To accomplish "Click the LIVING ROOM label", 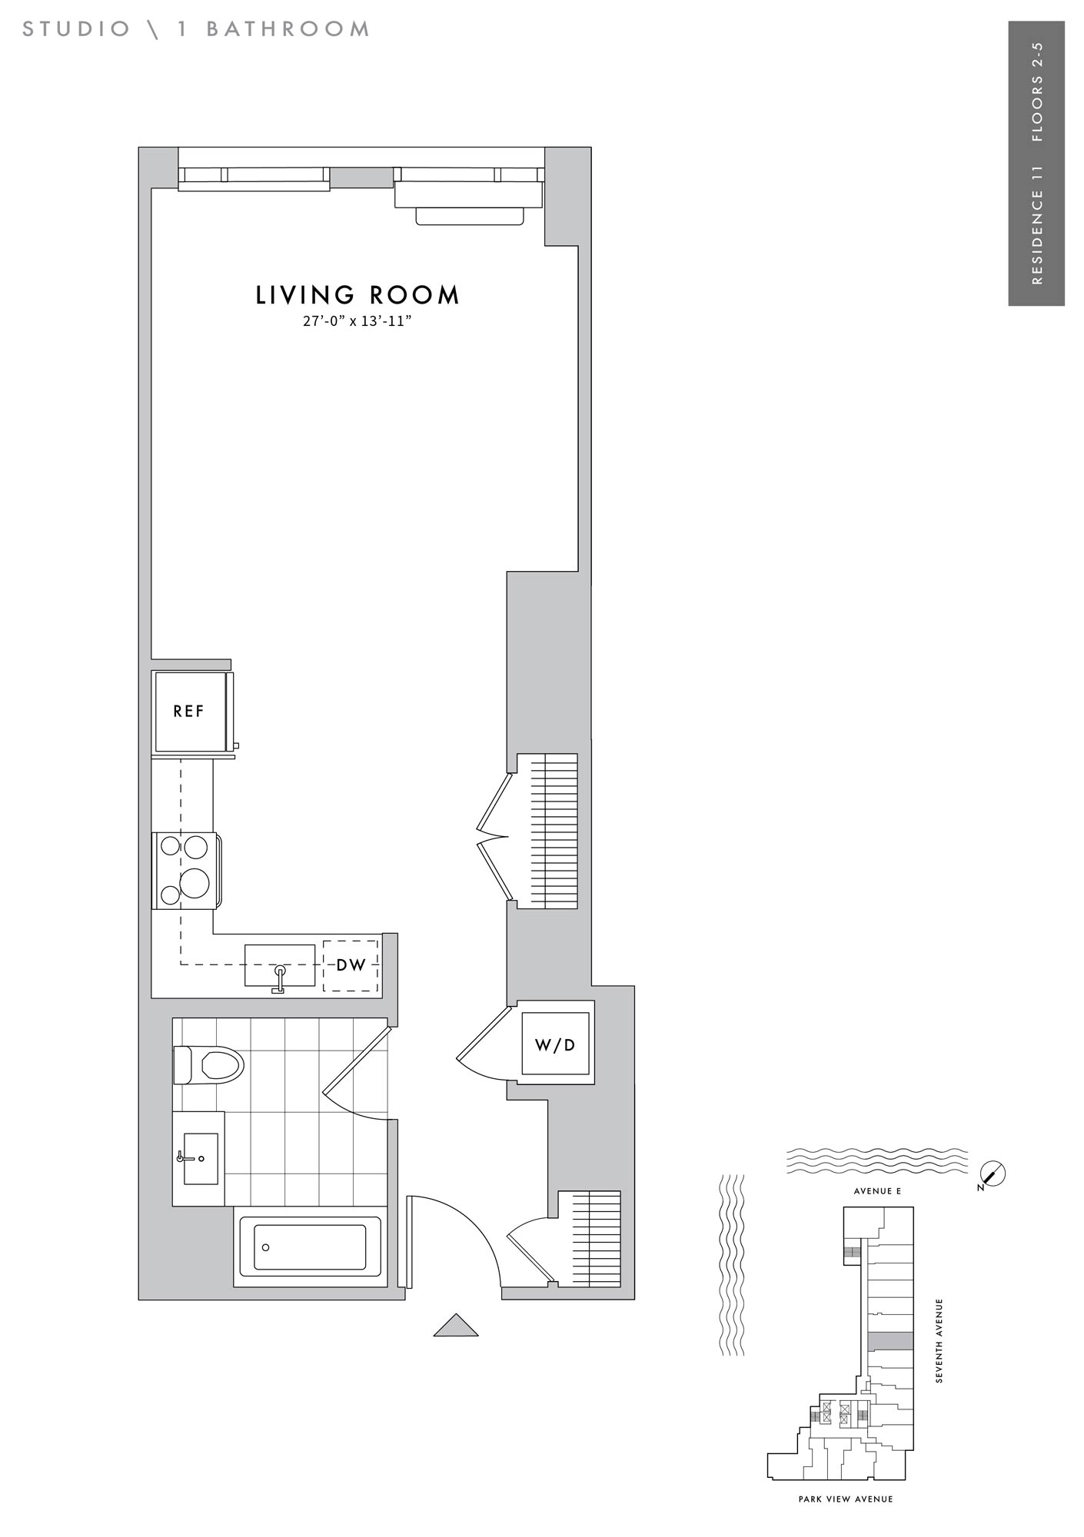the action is click(357, 295).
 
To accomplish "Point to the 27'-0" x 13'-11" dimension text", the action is click(357, 321).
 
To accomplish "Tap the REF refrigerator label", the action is click(189, 712).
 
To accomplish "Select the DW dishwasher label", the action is click(351, 965).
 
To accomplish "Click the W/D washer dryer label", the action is click(555, 1045).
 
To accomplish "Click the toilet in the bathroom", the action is click(208, 1065).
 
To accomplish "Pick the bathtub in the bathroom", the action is click(310, 1247).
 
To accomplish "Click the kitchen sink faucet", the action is click(279, 979).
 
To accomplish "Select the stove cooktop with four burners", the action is click(188, 871).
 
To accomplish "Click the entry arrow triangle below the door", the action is click(456, 1326).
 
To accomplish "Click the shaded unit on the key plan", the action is click(890, 1341).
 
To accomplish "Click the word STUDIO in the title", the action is click(76, 29).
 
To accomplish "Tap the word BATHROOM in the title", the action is click(288, 29).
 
